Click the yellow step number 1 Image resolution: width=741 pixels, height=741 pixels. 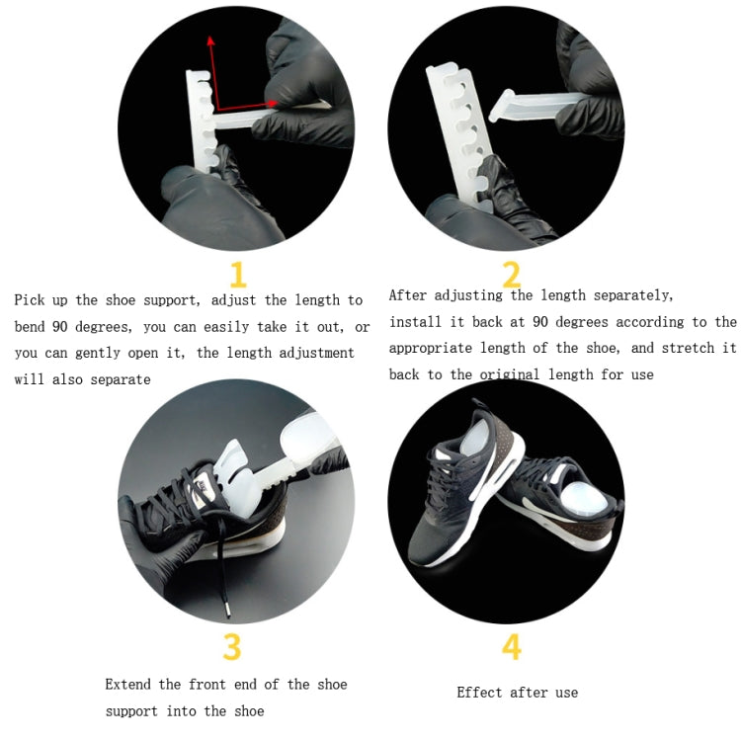pyautogui.click(x=237, y=273)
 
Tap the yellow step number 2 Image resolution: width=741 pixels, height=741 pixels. pyautogui.click(x=511, y=273)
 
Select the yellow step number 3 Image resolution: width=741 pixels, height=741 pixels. pyautogui.click(x=231, y=647)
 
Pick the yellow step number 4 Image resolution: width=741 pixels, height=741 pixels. pyautogui.click(x=511, y=647)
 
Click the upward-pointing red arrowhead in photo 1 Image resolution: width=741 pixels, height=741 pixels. pyautogui.click(x=209, y=41)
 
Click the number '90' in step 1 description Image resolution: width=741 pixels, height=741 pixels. pyautogui.click(x=60, y=327)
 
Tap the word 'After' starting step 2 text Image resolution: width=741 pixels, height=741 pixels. pyautogui.click(x=409, y=295)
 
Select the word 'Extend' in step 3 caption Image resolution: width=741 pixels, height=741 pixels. pyautogui.click(x=130, y=685)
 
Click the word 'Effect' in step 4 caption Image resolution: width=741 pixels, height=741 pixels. pyautogui.click(x=481, y=693)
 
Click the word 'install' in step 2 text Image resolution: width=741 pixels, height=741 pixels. pyautogui.click(x=417, y=322)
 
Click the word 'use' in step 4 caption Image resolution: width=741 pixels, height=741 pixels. pyautogui.click(x=566, y=693)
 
